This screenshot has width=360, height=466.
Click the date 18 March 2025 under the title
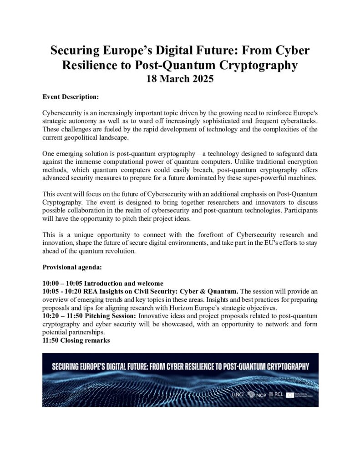[x=180, y=78]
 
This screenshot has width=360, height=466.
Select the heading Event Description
[x=70, y=97]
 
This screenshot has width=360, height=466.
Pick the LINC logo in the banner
[x=238, y=394]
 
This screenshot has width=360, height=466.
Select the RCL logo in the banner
[x=276, y=394]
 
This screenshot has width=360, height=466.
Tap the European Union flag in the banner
[x=289, y=394]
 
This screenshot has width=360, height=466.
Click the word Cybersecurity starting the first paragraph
[x=62, y=112]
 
